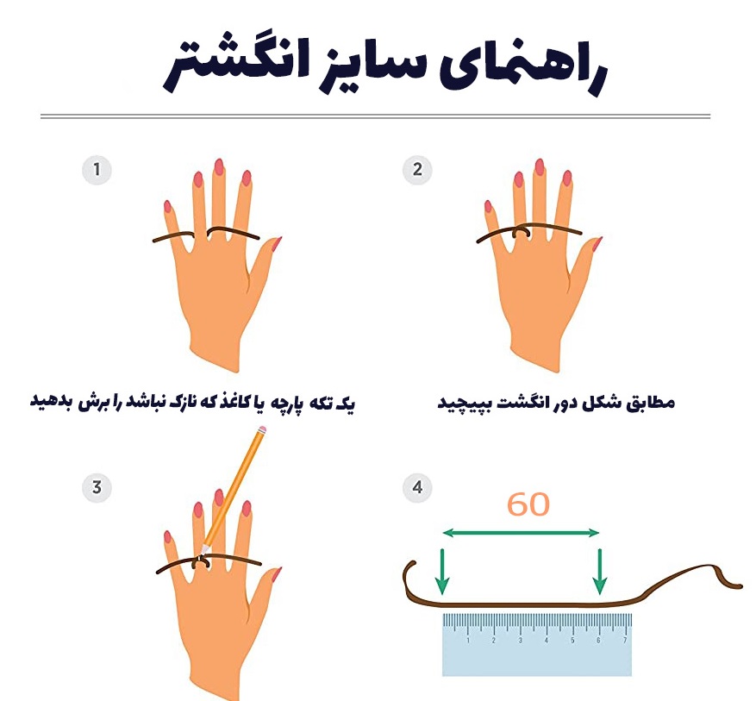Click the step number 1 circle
tap(97, 170)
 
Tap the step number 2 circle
tap(417, 170)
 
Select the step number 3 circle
tap(97, 487)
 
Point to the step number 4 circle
tap(417, 487)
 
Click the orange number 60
tap(528, 504)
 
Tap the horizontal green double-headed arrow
tap(521, 533)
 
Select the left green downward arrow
tap(441, 571)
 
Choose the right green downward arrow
tap(599, 571)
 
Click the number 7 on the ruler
tap(625, 641)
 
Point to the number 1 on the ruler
tap(468, 641)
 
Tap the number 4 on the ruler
tap(547, 641)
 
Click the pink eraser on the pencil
tap(262, 429)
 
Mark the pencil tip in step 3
tap(204, 551)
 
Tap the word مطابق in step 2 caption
tap(652, 402)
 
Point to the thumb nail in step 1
tap(276, 244)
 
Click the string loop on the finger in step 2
tap(521, 232)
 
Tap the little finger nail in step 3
tap(167, 536)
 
